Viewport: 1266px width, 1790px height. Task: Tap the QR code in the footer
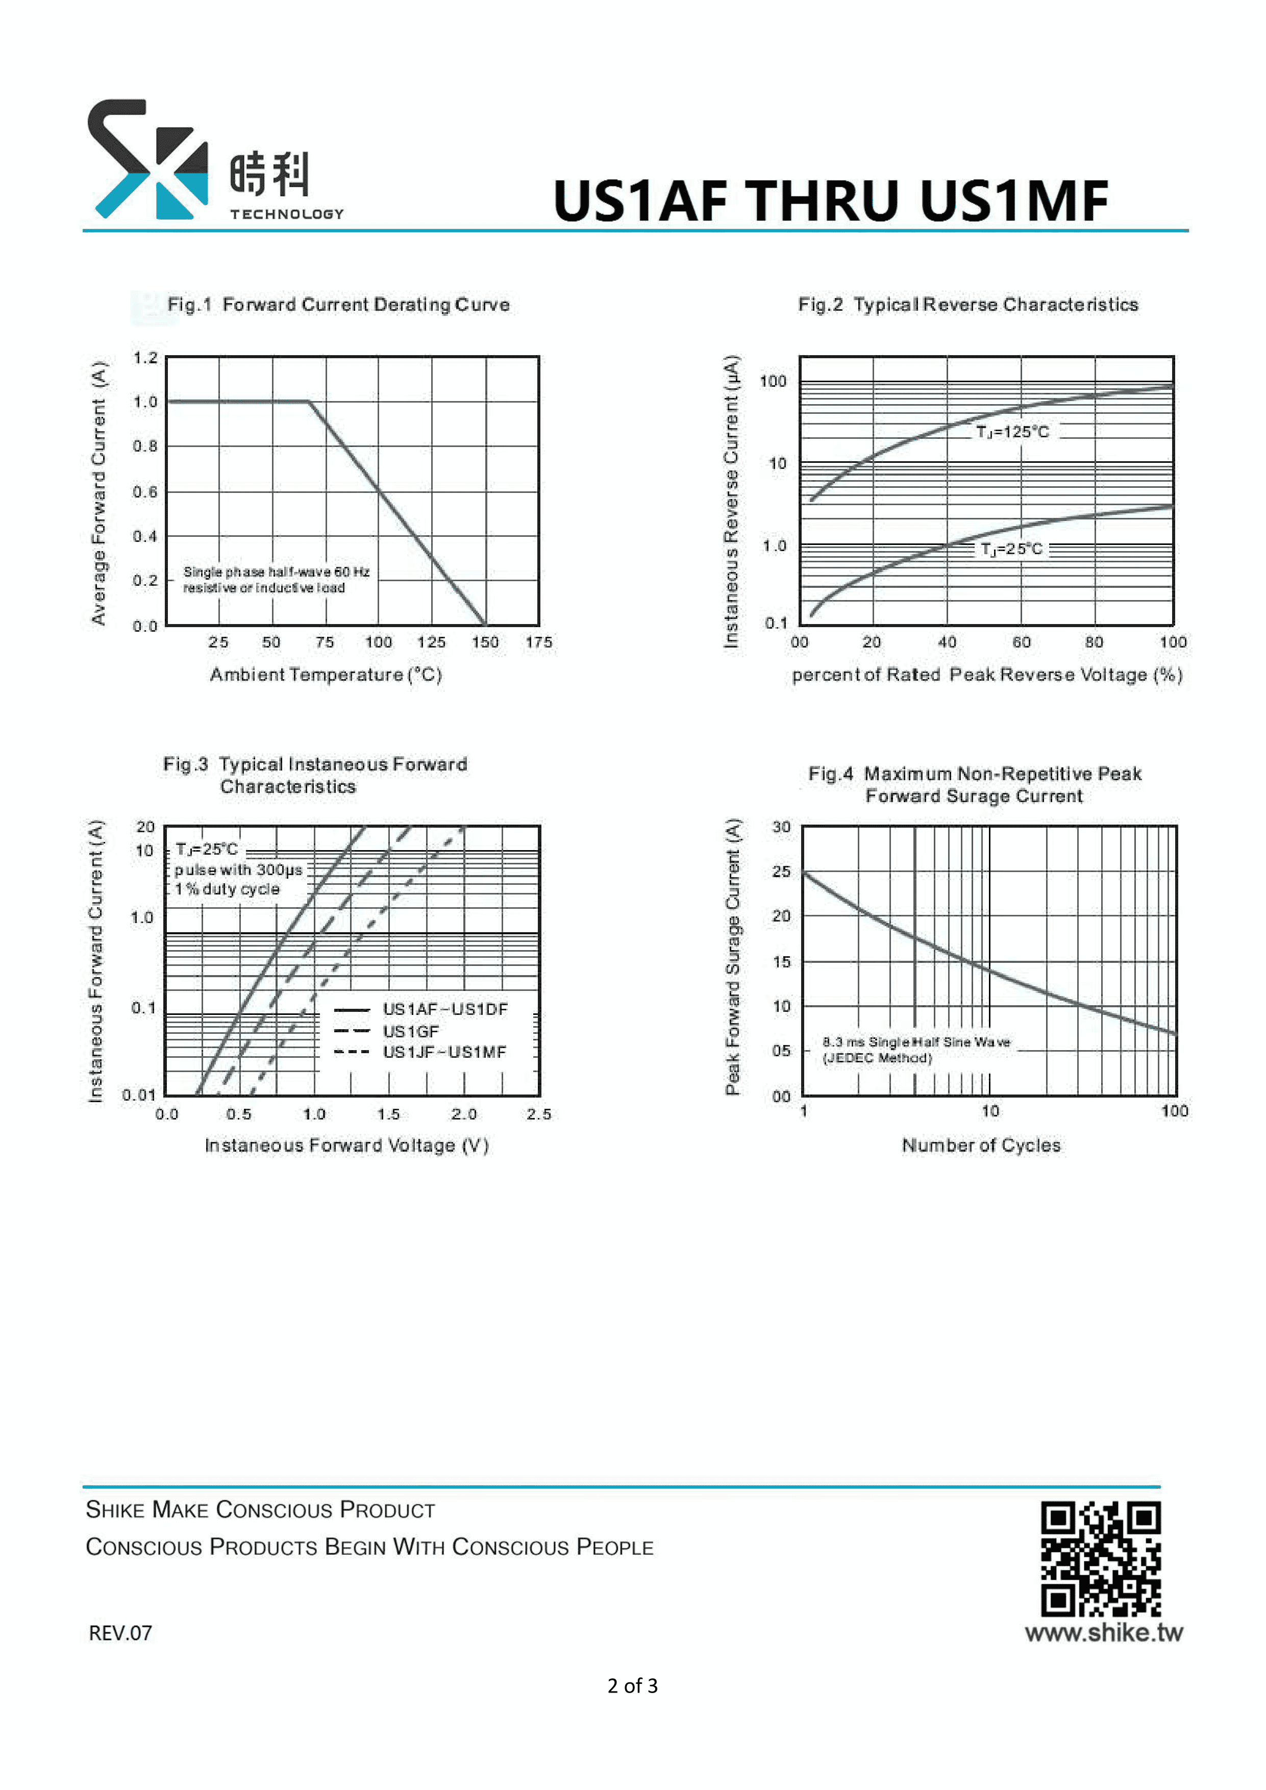[x=1100, y=1560]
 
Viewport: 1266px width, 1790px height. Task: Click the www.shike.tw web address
[x=1103, y=1632]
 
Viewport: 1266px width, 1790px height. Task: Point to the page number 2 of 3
[x=632, y=1685]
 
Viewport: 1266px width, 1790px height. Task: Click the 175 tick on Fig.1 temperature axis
[x=539, y=642]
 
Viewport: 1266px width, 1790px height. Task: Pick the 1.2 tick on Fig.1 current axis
[x=145, y=358]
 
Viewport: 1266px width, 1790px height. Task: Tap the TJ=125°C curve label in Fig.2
[x=1012, y=432]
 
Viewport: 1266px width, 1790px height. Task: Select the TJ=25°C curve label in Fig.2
[x=1011, y=549]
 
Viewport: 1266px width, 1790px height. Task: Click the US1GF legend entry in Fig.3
[x=411, y=1031]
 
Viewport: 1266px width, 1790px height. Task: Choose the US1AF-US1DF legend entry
[x=444, y=1010]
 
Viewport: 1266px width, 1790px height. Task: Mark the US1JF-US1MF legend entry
[x=444, y=1053]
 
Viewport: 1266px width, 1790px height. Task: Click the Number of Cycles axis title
[x=981, y=1145]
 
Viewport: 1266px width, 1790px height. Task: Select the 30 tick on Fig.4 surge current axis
[x=781, y=827]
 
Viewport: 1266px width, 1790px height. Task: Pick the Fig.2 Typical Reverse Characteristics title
[x=967, y=305]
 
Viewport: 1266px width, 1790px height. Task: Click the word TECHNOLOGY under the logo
[x=286, y=214]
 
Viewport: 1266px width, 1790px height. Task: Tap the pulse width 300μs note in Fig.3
[x=238, y=870]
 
